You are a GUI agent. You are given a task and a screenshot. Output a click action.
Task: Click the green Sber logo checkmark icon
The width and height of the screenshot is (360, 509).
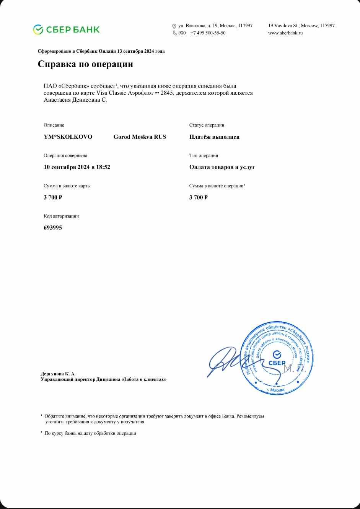point(38,29)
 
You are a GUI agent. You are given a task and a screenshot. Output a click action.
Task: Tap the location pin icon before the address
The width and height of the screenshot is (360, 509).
point(174,26)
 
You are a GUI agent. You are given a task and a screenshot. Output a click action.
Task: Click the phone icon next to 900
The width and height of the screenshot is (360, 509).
point(174,33)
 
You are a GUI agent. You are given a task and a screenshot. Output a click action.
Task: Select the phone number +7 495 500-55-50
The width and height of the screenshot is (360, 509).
point(208,33)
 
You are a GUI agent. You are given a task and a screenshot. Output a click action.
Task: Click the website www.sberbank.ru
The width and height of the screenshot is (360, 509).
point(285,33)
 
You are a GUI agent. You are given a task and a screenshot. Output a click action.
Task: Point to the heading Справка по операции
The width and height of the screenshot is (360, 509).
point(85,64)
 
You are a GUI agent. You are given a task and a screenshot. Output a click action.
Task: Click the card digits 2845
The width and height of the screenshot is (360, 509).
point(168,93)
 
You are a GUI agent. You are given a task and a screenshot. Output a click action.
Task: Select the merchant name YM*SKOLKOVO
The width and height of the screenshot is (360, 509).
point(68,137)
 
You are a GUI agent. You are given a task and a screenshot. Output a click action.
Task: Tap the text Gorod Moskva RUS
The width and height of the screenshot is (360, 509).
point(140,137)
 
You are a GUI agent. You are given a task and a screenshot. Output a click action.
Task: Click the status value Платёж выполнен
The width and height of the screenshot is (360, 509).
point(214,137)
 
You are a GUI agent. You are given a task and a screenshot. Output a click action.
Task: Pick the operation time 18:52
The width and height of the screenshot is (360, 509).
point(103,167)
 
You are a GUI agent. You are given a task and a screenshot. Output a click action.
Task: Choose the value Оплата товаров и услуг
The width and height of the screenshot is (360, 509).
point(222,167)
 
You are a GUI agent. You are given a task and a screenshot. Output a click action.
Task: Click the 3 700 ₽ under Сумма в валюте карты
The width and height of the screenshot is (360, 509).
point(53,197)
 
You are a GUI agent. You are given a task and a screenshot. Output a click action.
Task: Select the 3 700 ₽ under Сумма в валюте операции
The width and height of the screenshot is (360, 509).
point(198,197)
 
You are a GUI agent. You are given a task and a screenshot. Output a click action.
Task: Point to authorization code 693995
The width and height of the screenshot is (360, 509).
point(53,228)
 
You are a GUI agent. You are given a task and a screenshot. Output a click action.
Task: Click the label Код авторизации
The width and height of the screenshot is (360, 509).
point(61,216)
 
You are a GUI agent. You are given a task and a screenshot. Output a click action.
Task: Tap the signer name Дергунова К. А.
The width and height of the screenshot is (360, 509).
point(58,374)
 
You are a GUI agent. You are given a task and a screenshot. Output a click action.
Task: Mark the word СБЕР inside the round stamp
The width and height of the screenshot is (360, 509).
point(277,363)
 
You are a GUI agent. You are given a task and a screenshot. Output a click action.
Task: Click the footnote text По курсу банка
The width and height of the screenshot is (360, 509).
point(90,433)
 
